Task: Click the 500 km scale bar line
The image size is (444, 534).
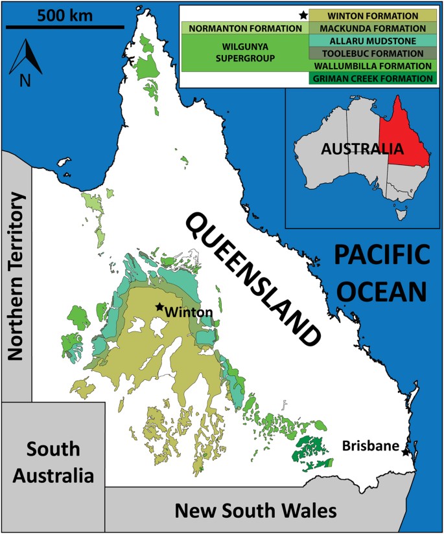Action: click(64, 27)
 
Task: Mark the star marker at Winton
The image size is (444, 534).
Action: click(159, 308)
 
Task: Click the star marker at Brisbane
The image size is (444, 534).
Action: click(406, 452)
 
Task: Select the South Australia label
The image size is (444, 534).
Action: click(53, 463)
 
